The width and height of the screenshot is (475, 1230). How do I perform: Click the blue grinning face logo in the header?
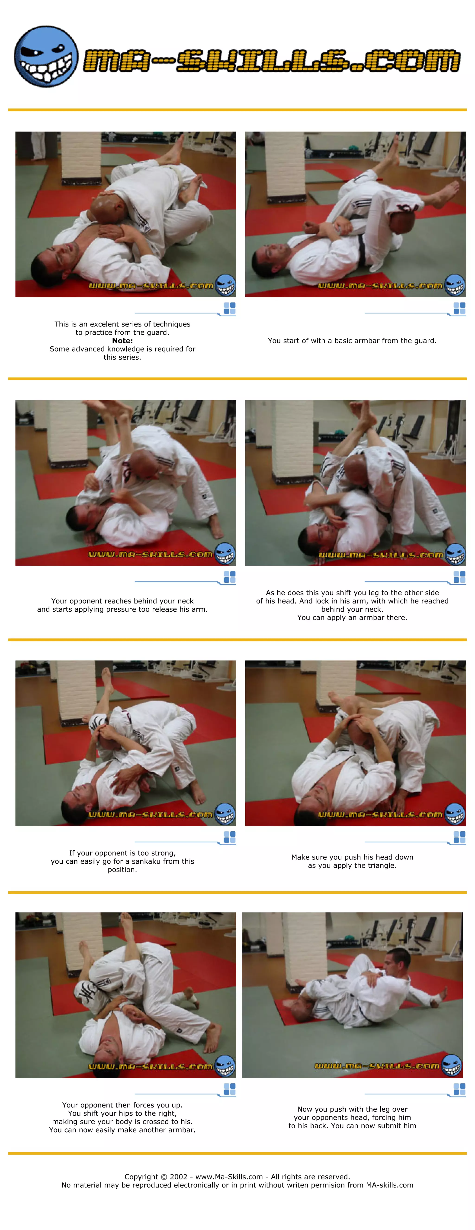[46, 57]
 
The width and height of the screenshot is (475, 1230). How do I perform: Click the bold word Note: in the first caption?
[122, 340]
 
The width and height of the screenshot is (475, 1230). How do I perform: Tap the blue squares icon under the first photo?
[230, 308]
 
